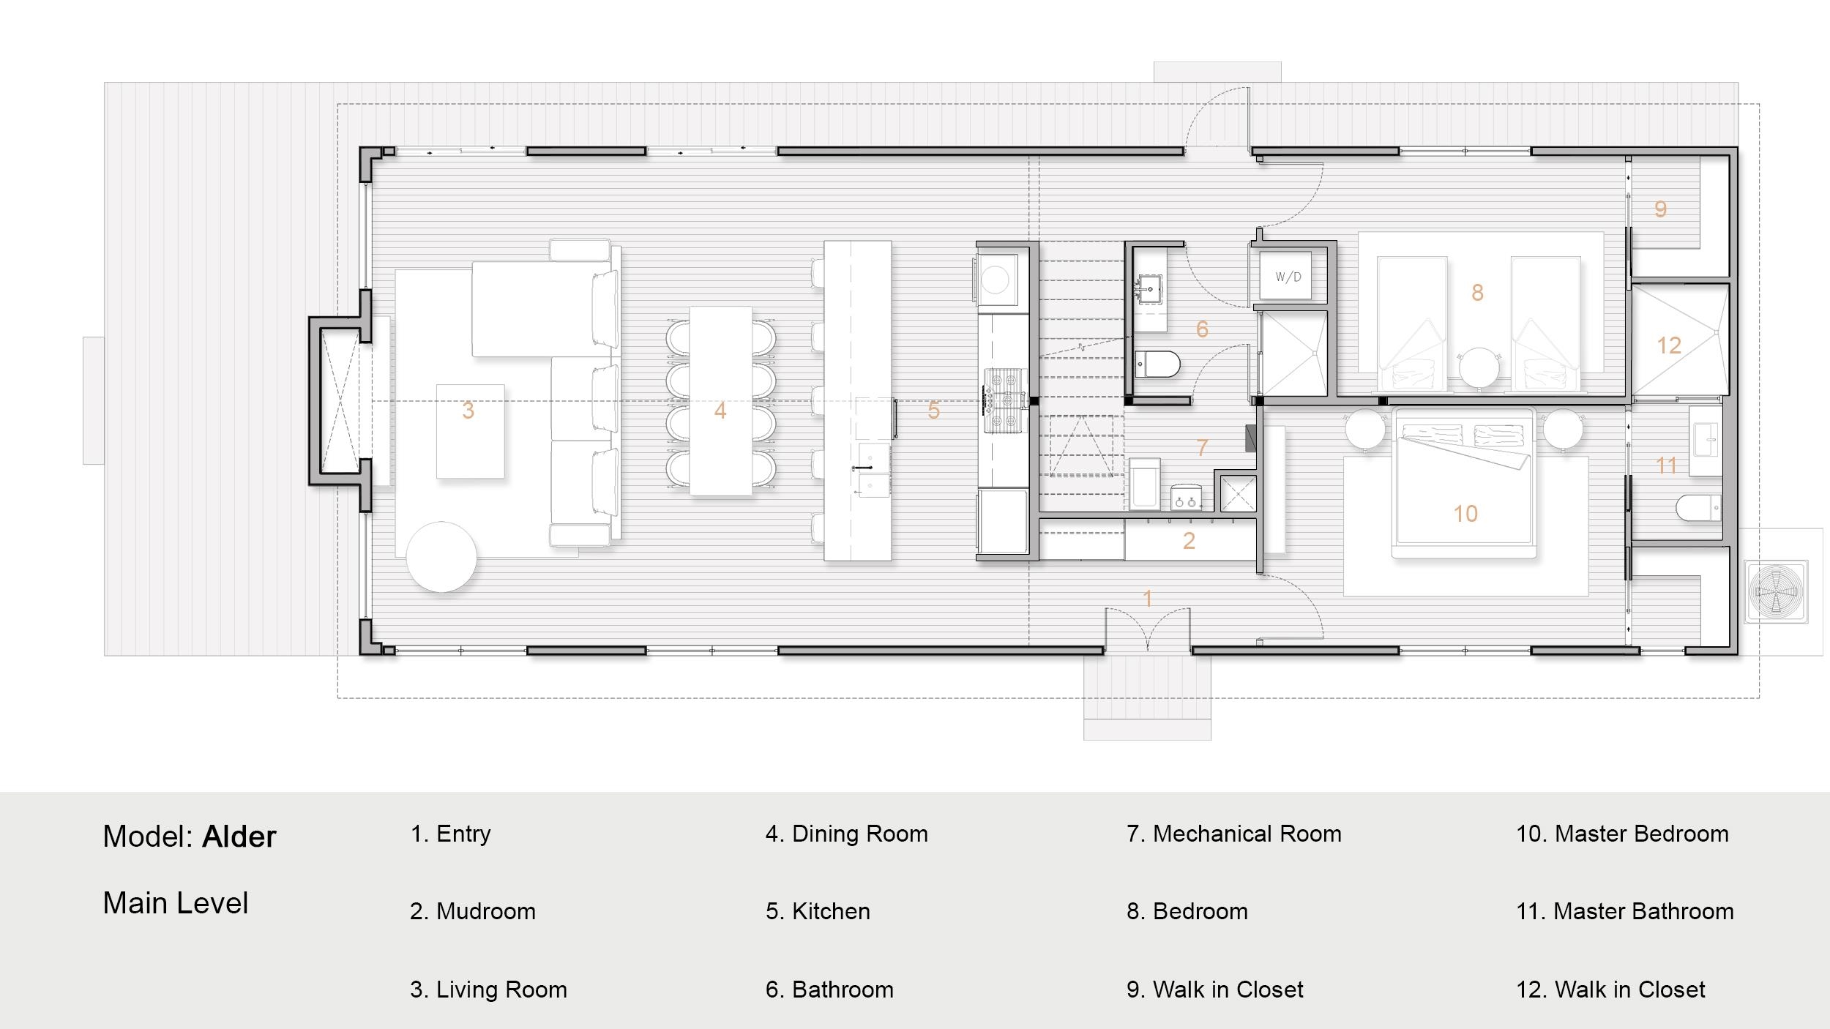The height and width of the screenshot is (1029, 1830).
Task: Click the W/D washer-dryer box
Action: pyautogui.click(x=1288, y=277)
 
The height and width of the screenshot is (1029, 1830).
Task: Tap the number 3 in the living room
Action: pyautogui.click(x=468, y=411)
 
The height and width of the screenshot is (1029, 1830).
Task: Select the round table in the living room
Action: pyautogui.click(x=441, y=556)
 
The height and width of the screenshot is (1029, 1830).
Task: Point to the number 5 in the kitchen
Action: pyautogui.click(x=933, y=411)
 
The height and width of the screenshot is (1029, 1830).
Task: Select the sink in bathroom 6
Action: pyautogui.click(x=1151, y=289)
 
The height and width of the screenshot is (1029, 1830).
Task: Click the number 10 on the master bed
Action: pyautogui.click(x=1465, y=514)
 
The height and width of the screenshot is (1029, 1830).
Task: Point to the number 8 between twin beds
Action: pyautogui.click(x=1477, y=293)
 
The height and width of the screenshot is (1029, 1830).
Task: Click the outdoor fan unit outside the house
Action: pyautogui.click(x=1775, y=591)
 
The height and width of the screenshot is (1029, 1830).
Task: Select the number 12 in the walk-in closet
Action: pyautogui.click(x=1669, y=345)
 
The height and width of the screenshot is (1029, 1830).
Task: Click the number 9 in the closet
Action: pyautogui.click(x=1660, y=209)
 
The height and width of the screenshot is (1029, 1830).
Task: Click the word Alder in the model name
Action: pyautogui.click(x=239, y=837)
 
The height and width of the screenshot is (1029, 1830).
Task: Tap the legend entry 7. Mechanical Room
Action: pyautogui.click(x=1233, y=834)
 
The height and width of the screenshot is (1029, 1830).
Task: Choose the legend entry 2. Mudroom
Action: pyautogui.click(x=473, y=911)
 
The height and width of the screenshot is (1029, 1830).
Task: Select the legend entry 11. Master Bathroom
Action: pyautogui.click(x=1624, y=911)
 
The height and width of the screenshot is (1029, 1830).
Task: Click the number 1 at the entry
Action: pyautogui.click(x=1148, y=599)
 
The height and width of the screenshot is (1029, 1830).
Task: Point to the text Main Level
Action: pyautogui.click(x=176, y=903)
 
